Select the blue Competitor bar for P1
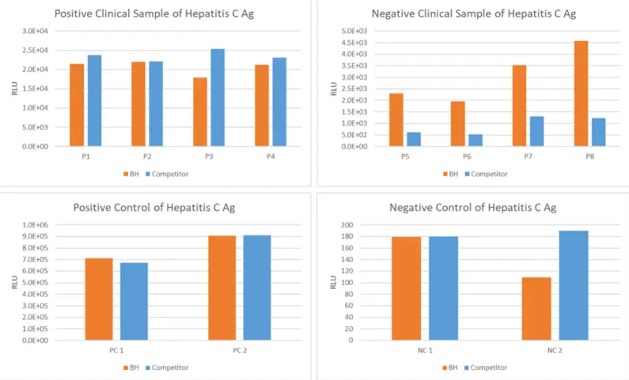[x=94, y=100]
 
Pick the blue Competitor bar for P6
[x=475, y=140]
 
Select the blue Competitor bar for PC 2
[x=257, y=288]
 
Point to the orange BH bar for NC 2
[x=537, y=308]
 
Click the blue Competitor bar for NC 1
[x=443, y=288]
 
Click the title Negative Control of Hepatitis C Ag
[x=472, y=208]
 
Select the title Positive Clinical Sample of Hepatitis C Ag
[x=165, y=13]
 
